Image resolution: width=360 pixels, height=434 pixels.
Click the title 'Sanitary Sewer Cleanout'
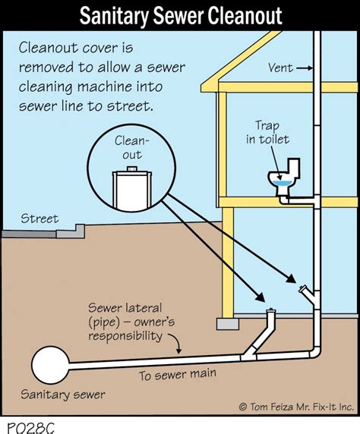[x=179, y=14]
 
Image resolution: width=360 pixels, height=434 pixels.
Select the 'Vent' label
[x=281, y=68]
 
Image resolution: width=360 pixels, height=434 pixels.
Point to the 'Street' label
[x=39, y=219]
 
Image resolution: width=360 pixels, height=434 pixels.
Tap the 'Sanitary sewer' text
[x=63, y=395]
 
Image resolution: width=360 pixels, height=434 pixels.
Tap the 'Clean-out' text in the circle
[x=132, y=149]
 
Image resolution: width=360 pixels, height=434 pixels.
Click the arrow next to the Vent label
[x=303, y=68]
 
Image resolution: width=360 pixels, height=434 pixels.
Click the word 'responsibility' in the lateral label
[x=125, y=335]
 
